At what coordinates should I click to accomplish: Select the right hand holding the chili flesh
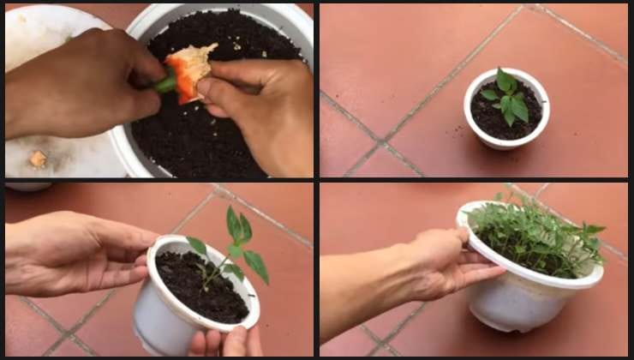point(261,103)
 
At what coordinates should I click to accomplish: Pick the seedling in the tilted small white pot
point(233,244)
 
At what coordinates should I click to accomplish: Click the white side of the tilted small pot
point(158,317)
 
